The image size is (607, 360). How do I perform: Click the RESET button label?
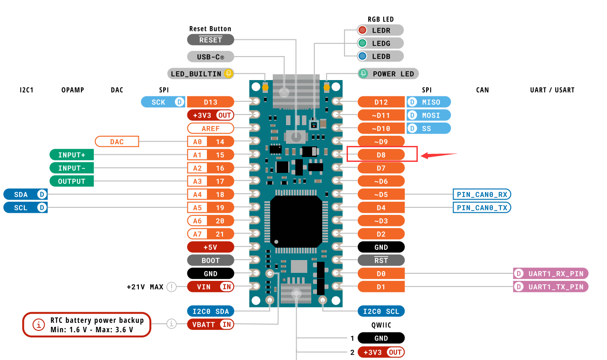(210, 40)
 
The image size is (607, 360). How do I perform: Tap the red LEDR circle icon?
(363, 30)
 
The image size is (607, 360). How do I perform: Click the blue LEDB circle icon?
(363, 56)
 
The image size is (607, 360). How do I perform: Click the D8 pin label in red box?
(381, 155)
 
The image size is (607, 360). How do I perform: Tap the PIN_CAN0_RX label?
(482, 194)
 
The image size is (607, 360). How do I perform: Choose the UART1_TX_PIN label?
(551, 287)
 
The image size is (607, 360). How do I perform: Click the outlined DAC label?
(117, 142)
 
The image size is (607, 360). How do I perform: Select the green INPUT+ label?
(72, 155)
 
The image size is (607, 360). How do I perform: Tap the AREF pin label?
(210, 128)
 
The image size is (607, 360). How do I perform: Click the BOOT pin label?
(210, 260)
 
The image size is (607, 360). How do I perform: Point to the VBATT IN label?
(210, 325)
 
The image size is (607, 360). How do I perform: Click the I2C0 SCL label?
(381, 311)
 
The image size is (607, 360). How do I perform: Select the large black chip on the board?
(296, 221)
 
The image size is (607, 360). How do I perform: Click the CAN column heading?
(482, 90)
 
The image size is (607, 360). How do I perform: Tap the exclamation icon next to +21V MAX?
(171, 287)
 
